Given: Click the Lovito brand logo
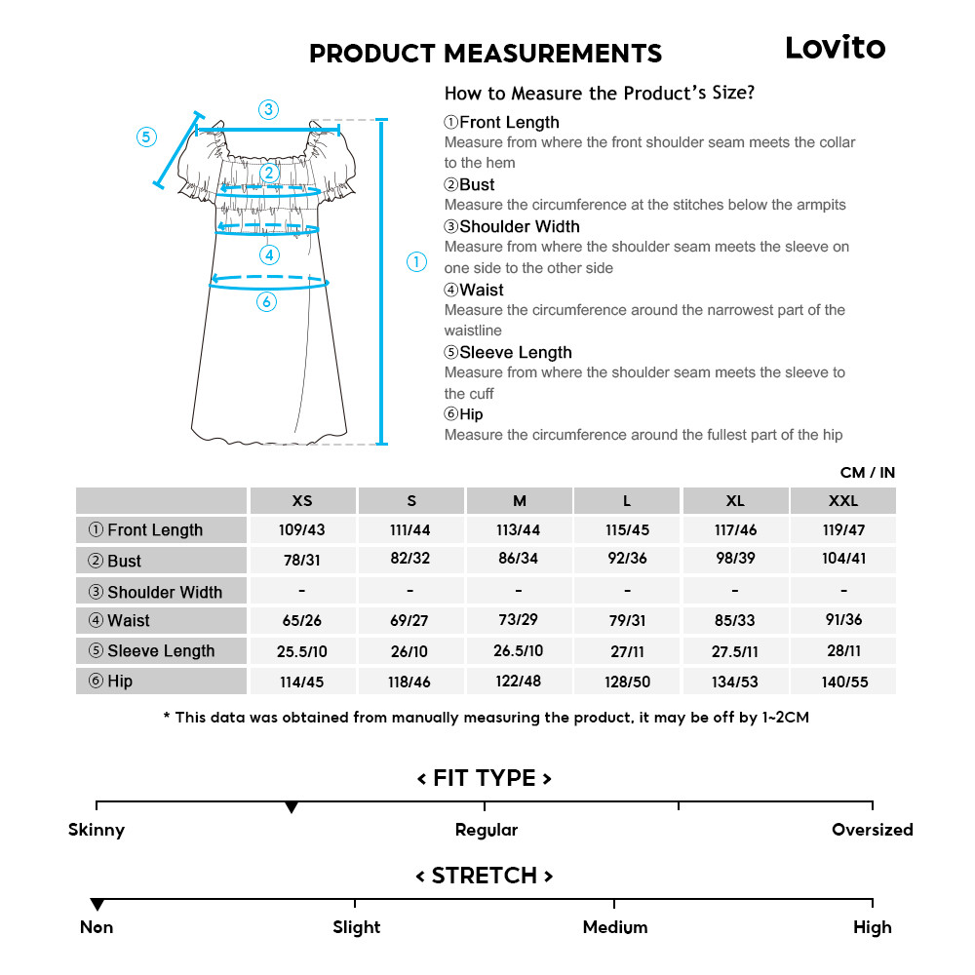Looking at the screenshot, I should click(x=836, y=48).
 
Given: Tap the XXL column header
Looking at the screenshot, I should click(x=843, y=501).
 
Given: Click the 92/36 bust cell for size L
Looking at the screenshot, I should click(x=627, y=559).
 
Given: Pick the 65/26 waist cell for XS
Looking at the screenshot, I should click(x=302, y=620).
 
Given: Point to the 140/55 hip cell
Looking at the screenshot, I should click(x=843, y=682).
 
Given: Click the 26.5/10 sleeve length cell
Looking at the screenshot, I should click(x=519, y=650).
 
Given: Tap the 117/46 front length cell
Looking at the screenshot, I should click(x=735, y=529).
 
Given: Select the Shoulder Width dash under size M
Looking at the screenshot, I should click(x=519, y=591).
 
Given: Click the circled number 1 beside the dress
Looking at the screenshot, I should click(x=416, y=262).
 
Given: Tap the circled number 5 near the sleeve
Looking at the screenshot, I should click(x=146, y=136).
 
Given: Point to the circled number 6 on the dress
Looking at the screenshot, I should click(x=267, y=302).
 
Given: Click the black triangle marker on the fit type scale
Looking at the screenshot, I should click(x=291, y=808).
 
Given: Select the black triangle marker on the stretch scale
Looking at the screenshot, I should click(x=97, y=905).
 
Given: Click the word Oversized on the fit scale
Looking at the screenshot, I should click(x=872, y=831).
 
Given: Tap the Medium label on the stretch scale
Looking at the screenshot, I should click(x=615, y=927).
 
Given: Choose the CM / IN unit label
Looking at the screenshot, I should click(x=867, y=473).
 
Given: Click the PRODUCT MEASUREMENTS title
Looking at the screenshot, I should click(x=486, y=54).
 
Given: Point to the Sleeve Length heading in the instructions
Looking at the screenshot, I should click(x=515, y=353).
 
